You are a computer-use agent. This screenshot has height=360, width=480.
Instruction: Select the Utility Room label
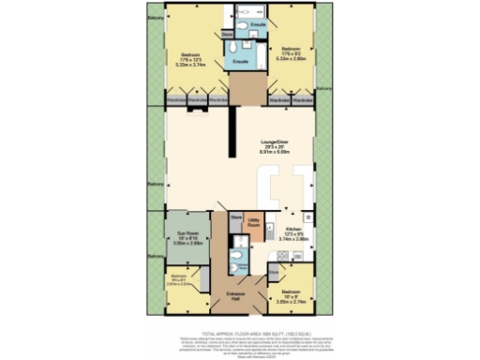pyautogui.click(x=254, y=226)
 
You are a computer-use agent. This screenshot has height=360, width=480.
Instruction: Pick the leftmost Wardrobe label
pyautogui.click(x=174, y=97)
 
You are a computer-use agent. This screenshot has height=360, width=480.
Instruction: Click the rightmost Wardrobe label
pyautogui.click(x=302, y=97)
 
